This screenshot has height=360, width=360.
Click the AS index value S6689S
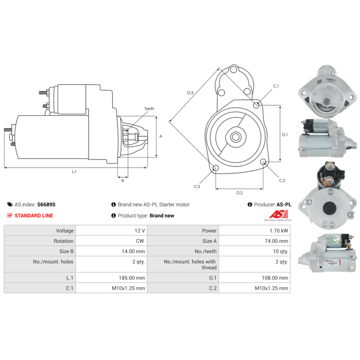pyautogui.click(x=46, y=205)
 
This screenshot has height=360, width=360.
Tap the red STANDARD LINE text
pyautogui.click(x=34, y=216)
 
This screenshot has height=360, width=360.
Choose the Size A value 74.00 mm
pyautogui.click(x=276, y=241)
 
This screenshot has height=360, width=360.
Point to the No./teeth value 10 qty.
pyautogui.click(x=280, y=252)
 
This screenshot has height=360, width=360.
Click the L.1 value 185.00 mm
pyautogui.click(x=132, y=278)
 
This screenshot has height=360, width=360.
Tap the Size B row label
pyautogui.click(x=66, y=252)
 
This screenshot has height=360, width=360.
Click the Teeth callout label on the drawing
pyautogui.click(x=149, y=108)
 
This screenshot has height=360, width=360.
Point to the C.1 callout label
pyautogui.click(x=276, y=86)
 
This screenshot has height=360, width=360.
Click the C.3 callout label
pyautogui.click(x=197, y=186)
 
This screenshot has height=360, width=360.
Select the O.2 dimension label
pyautogui.click(x=239, y=193)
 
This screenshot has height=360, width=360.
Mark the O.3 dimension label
pyautogui.click(x=190, y=93)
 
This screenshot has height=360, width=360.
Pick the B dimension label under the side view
pyautogui.click(x=122, y=180)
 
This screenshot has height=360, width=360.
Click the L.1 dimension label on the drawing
pyautogui.click(x=74, y=171)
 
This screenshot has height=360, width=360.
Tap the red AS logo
pyautogui.click(x=278, y=214)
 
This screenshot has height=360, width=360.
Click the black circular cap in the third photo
pyautogui.click(x=329, y=208)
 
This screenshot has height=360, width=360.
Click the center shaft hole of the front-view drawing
pyautogui.click(x=235, y=137)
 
